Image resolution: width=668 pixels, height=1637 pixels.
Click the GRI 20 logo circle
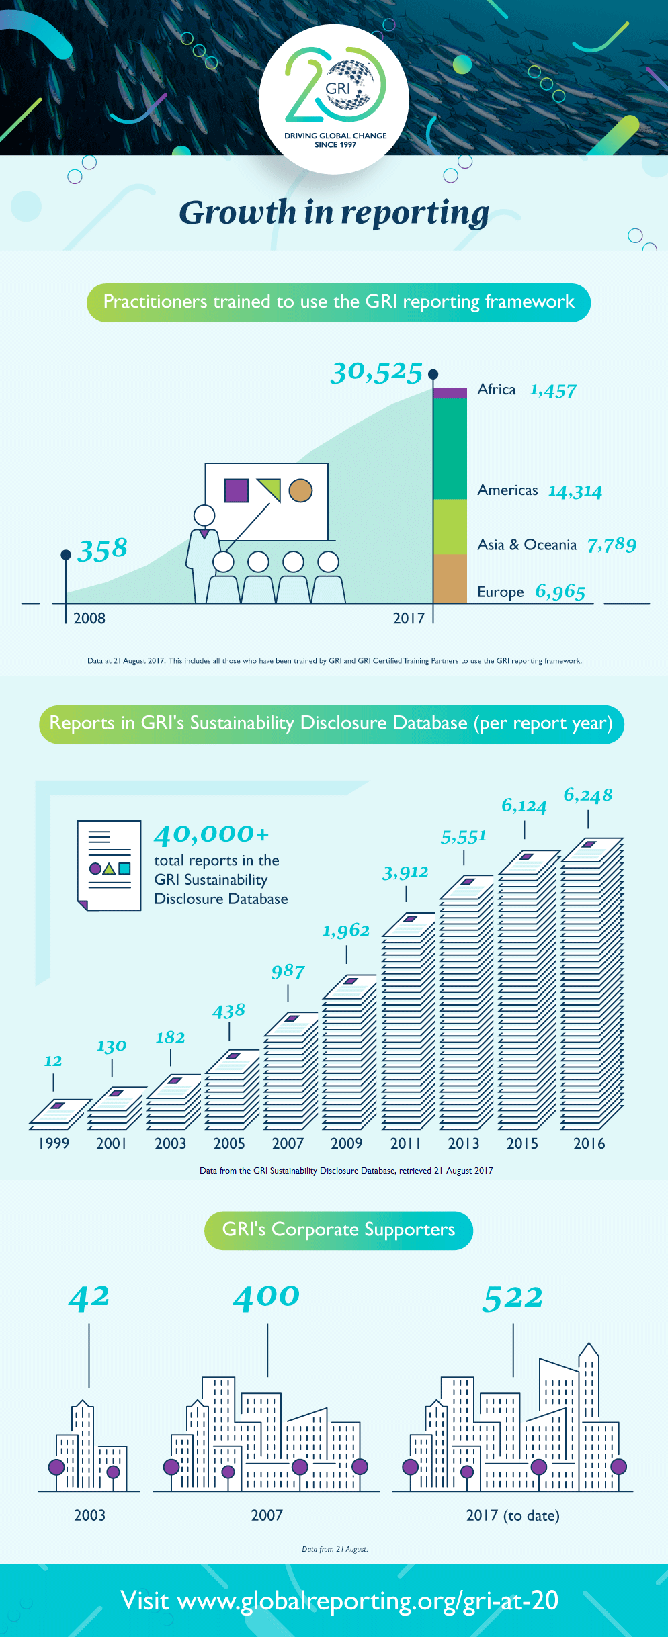click(334, 99)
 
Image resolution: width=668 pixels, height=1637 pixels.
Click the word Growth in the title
click(237, 213)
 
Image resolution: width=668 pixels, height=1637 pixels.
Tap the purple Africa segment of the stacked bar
click(450, 393)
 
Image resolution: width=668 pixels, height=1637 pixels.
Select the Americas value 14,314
click(575, 491)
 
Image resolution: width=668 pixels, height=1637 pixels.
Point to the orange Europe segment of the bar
click(450, 578)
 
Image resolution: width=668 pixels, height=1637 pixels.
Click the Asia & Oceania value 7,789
click(611, 545)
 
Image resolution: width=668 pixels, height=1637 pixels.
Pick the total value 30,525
click(376, 372)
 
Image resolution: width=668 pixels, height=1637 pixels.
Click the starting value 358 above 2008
click(102, 549)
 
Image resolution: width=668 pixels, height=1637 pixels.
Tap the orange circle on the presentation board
click(300, 490)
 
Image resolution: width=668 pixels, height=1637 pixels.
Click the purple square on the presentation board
click(236, 490)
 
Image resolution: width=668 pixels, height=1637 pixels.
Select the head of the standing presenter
click(204, 515)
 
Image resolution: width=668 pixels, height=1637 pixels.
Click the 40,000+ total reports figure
click(212, 834)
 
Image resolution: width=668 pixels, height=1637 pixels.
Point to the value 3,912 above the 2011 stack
click(405, 873)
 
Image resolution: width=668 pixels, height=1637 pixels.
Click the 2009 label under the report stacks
click(346, 1143)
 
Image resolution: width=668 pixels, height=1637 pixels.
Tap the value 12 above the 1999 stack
click(53, 1061)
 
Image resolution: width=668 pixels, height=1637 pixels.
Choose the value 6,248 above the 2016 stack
click(587, 795)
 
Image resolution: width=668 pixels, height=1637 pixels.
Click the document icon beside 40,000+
click(110, 865)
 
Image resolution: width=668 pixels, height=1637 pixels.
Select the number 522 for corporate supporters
click(512, 1298)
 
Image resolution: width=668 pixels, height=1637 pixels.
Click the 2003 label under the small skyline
click(89, 1515)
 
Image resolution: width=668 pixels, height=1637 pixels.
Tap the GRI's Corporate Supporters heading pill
click(338, 1230)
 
